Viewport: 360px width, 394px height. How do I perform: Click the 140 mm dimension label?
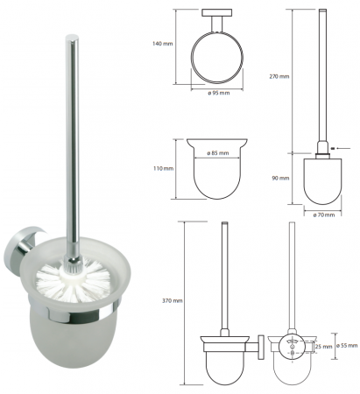coord(163,44)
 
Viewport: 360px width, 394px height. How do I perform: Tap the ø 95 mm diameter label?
coord(218,93)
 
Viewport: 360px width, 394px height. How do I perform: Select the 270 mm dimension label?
coord(279,76)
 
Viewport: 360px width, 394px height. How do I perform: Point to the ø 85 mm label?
coord(218,153)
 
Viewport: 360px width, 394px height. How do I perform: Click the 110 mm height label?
coord(163,168)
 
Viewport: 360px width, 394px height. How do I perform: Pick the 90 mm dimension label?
coord(280,178)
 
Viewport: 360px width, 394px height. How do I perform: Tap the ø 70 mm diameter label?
coord(323,215)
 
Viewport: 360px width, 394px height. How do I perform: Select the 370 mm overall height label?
coord(173,300)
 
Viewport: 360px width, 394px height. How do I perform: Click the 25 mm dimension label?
coord(324,347)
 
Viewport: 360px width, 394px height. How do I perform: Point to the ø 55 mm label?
coord(347,346)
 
